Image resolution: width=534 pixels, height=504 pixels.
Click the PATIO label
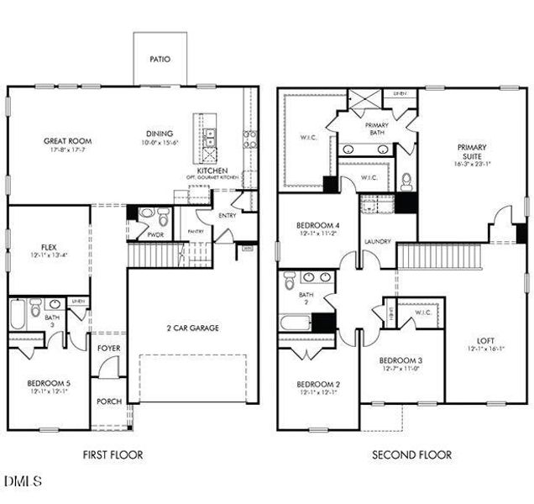pos(160,60)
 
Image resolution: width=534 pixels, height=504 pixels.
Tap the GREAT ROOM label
pos(67,140)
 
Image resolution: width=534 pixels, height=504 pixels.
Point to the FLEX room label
pos(48,224)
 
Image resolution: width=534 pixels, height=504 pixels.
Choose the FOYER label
pos(108,347)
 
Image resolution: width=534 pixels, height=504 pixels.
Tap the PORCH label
pos(108,402)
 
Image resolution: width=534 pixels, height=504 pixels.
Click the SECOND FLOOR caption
pos(411,454)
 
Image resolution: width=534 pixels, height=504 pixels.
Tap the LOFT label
pos(486,340)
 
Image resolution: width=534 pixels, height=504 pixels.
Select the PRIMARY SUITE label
pos(472,152)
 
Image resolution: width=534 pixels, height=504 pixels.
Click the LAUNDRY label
pos(378,242)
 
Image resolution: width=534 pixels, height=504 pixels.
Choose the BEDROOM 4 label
pos(319,226)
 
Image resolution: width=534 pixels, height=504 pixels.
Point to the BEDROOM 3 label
pos(402,360)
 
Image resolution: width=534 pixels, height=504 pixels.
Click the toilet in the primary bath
pos(406,181)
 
